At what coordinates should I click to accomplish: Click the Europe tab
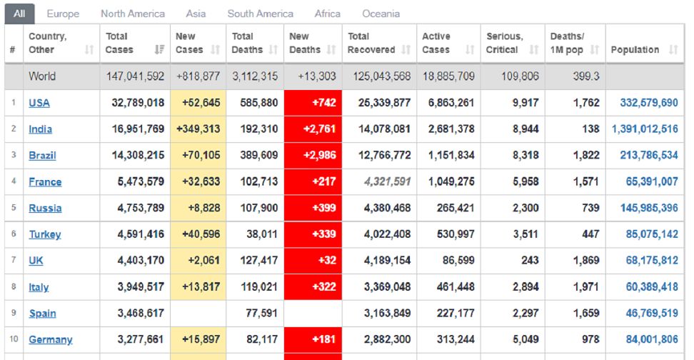[x=63, y=14]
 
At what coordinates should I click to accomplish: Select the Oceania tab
[x=381, y=14]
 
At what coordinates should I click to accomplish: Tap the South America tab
[x=260, y=14]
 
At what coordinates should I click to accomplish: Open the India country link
[x=40, y=129]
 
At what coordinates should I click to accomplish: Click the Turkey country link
[x=44, y=234]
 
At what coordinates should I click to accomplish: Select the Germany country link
[x=50, y=340]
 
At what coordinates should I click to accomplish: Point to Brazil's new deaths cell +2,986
[x=313, y=156]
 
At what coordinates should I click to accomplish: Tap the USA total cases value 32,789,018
[x=138, y=103]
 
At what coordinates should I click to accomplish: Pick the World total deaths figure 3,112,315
[x=255, y=76]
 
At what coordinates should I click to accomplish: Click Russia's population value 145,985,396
[x=645, y=209]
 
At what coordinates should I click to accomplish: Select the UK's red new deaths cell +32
[x=313, y=261]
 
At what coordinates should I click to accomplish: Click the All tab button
[x=19, y=14]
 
